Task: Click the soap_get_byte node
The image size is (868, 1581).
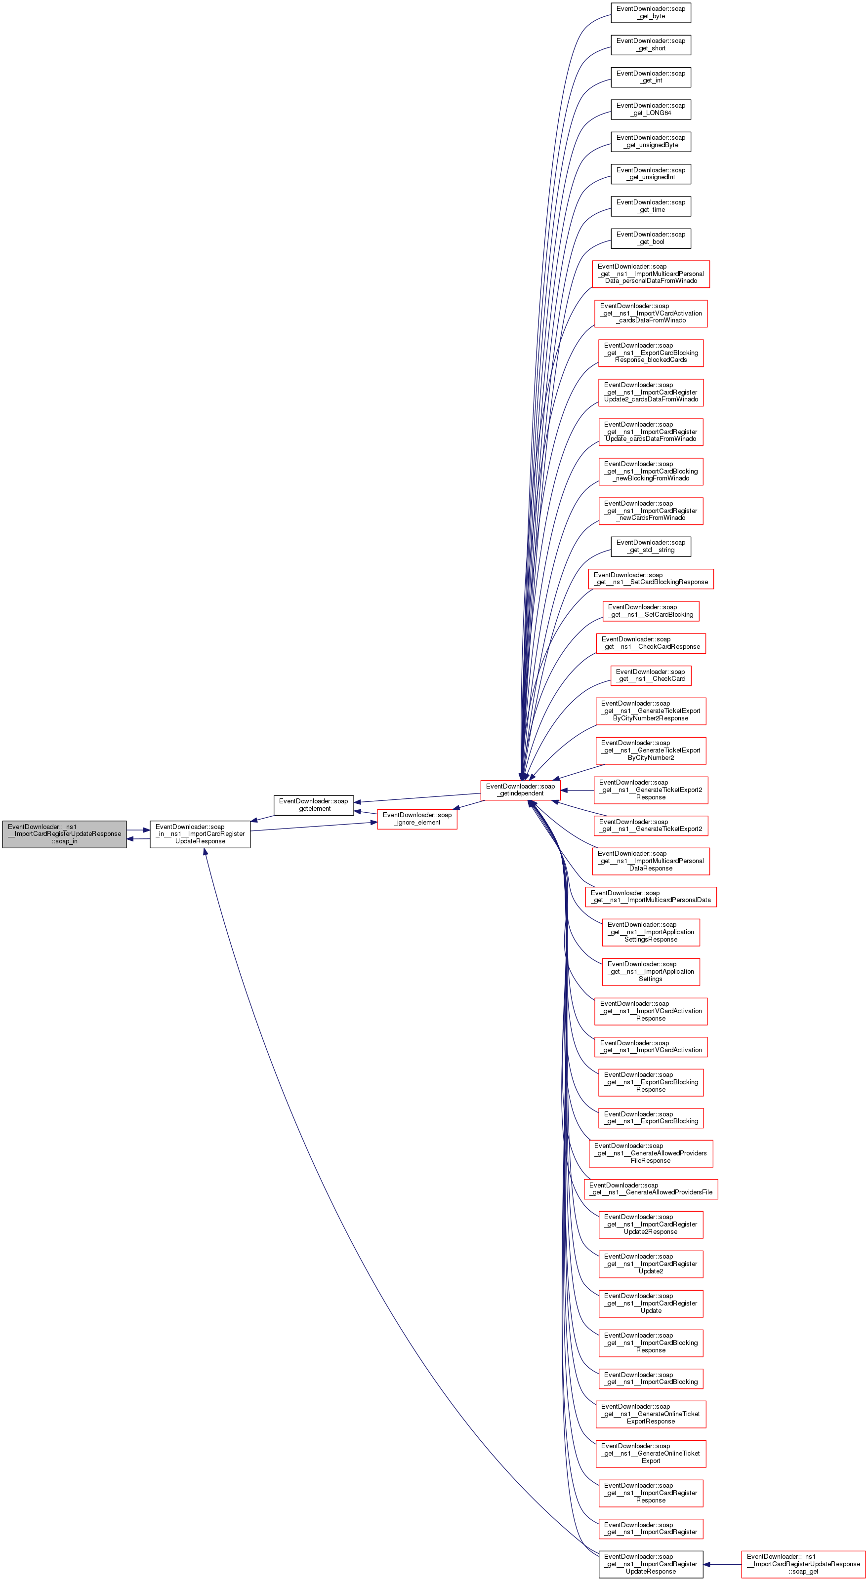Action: pos(650,13)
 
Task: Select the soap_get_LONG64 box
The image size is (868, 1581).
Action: pos(650,109)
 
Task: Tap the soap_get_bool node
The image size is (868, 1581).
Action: pos(650,238)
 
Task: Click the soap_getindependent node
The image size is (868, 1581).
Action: pos(520,790)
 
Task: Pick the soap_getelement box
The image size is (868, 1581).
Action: pos(313,805)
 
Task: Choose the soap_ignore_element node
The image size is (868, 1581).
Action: pos(417,819)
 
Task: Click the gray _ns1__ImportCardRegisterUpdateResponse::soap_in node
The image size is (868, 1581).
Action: pos(64,834)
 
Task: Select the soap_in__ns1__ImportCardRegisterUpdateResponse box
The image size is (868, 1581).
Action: pos(200,834)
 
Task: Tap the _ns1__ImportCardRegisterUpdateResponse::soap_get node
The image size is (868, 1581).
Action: pos(804,1564)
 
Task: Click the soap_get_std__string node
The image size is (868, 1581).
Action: pos(650,546)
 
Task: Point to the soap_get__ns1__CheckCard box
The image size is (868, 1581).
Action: pos(650,675)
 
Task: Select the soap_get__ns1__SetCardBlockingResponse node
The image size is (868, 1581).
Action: pos(650,579)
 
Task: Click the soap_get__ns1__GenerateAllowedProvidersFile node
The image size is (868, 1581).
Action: pos(650,1189)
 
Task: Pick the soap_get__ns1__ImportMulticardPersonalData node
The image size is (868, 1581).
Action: pos(650,897)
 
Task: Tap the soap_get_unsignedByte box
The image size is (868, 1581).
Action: pos(650,141)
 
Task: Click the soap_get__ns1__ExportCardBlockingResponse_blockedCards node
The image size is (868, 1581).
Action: pos(650,353)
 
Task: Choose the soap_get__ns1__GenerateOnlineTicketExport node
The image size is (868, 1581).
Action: pos(650,1453)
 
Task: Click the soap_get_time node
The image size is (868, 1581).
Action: pos(650,206)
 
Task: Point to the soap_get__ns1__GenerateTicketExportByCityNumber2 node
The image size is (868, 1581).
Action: pos(650,751)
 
